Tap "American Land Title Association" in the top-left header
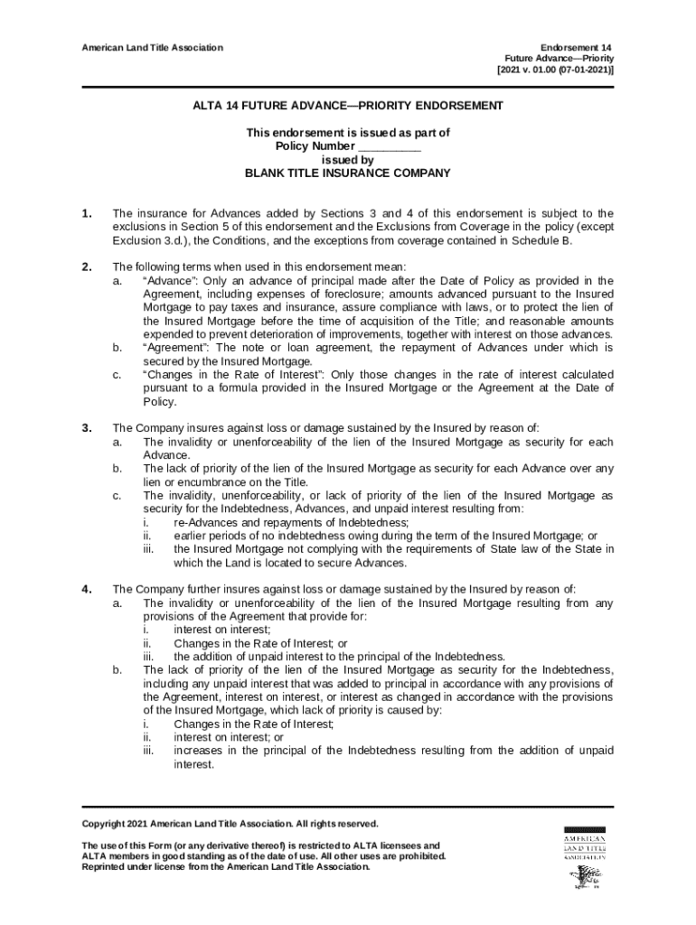[153, 47]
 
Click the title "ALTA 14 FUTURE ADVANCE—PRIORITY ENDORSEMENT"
[347, 106]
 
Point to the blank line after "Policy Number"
[389, 146]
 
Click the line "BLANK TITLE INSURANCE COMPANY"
[348, 173]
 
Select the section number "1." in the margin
[87, 214]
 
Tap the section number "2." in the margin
[87, 266]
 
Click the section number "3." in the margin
[87, 428]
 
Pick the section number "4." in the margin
[87, 590]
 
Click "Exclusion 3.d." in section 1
[150, 241]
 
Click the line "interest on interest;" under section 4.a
[221, 631]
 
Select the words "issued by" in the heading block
[348, 160]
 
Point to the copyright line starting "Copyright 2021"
[230, 824]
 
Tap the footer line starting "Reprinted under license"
[226, 867]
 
